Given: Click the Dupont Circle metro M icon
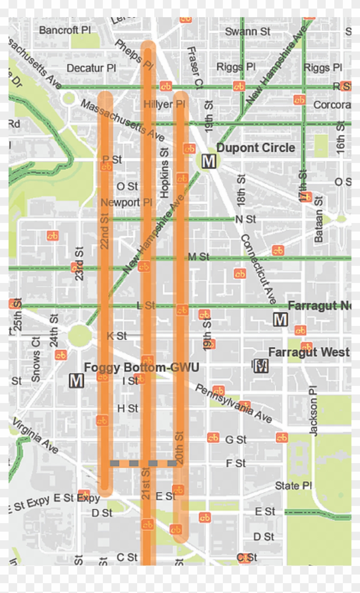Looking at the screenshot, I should [209, 162].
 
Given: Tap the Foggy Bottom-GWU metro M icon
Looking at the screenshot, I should [76, 380].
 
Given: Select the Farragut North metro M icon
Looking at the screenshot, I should [280, 319].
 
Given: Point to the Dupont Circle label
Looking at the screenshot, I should [255, 148].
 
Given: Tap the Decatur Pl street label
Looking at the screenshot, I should [91, 68].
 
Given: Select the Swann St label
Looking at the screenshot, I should [248, 32].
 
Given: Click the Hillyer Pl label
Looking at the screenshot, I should [164, 105].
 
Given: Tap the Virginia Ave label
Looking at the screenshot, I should [35, 436].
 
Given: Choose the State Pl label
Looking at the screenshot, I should [293, 486].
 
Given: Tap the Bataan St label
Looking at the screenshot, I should [318, 220].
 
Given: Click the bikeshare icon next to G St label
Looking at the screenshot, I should [213, 438].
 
